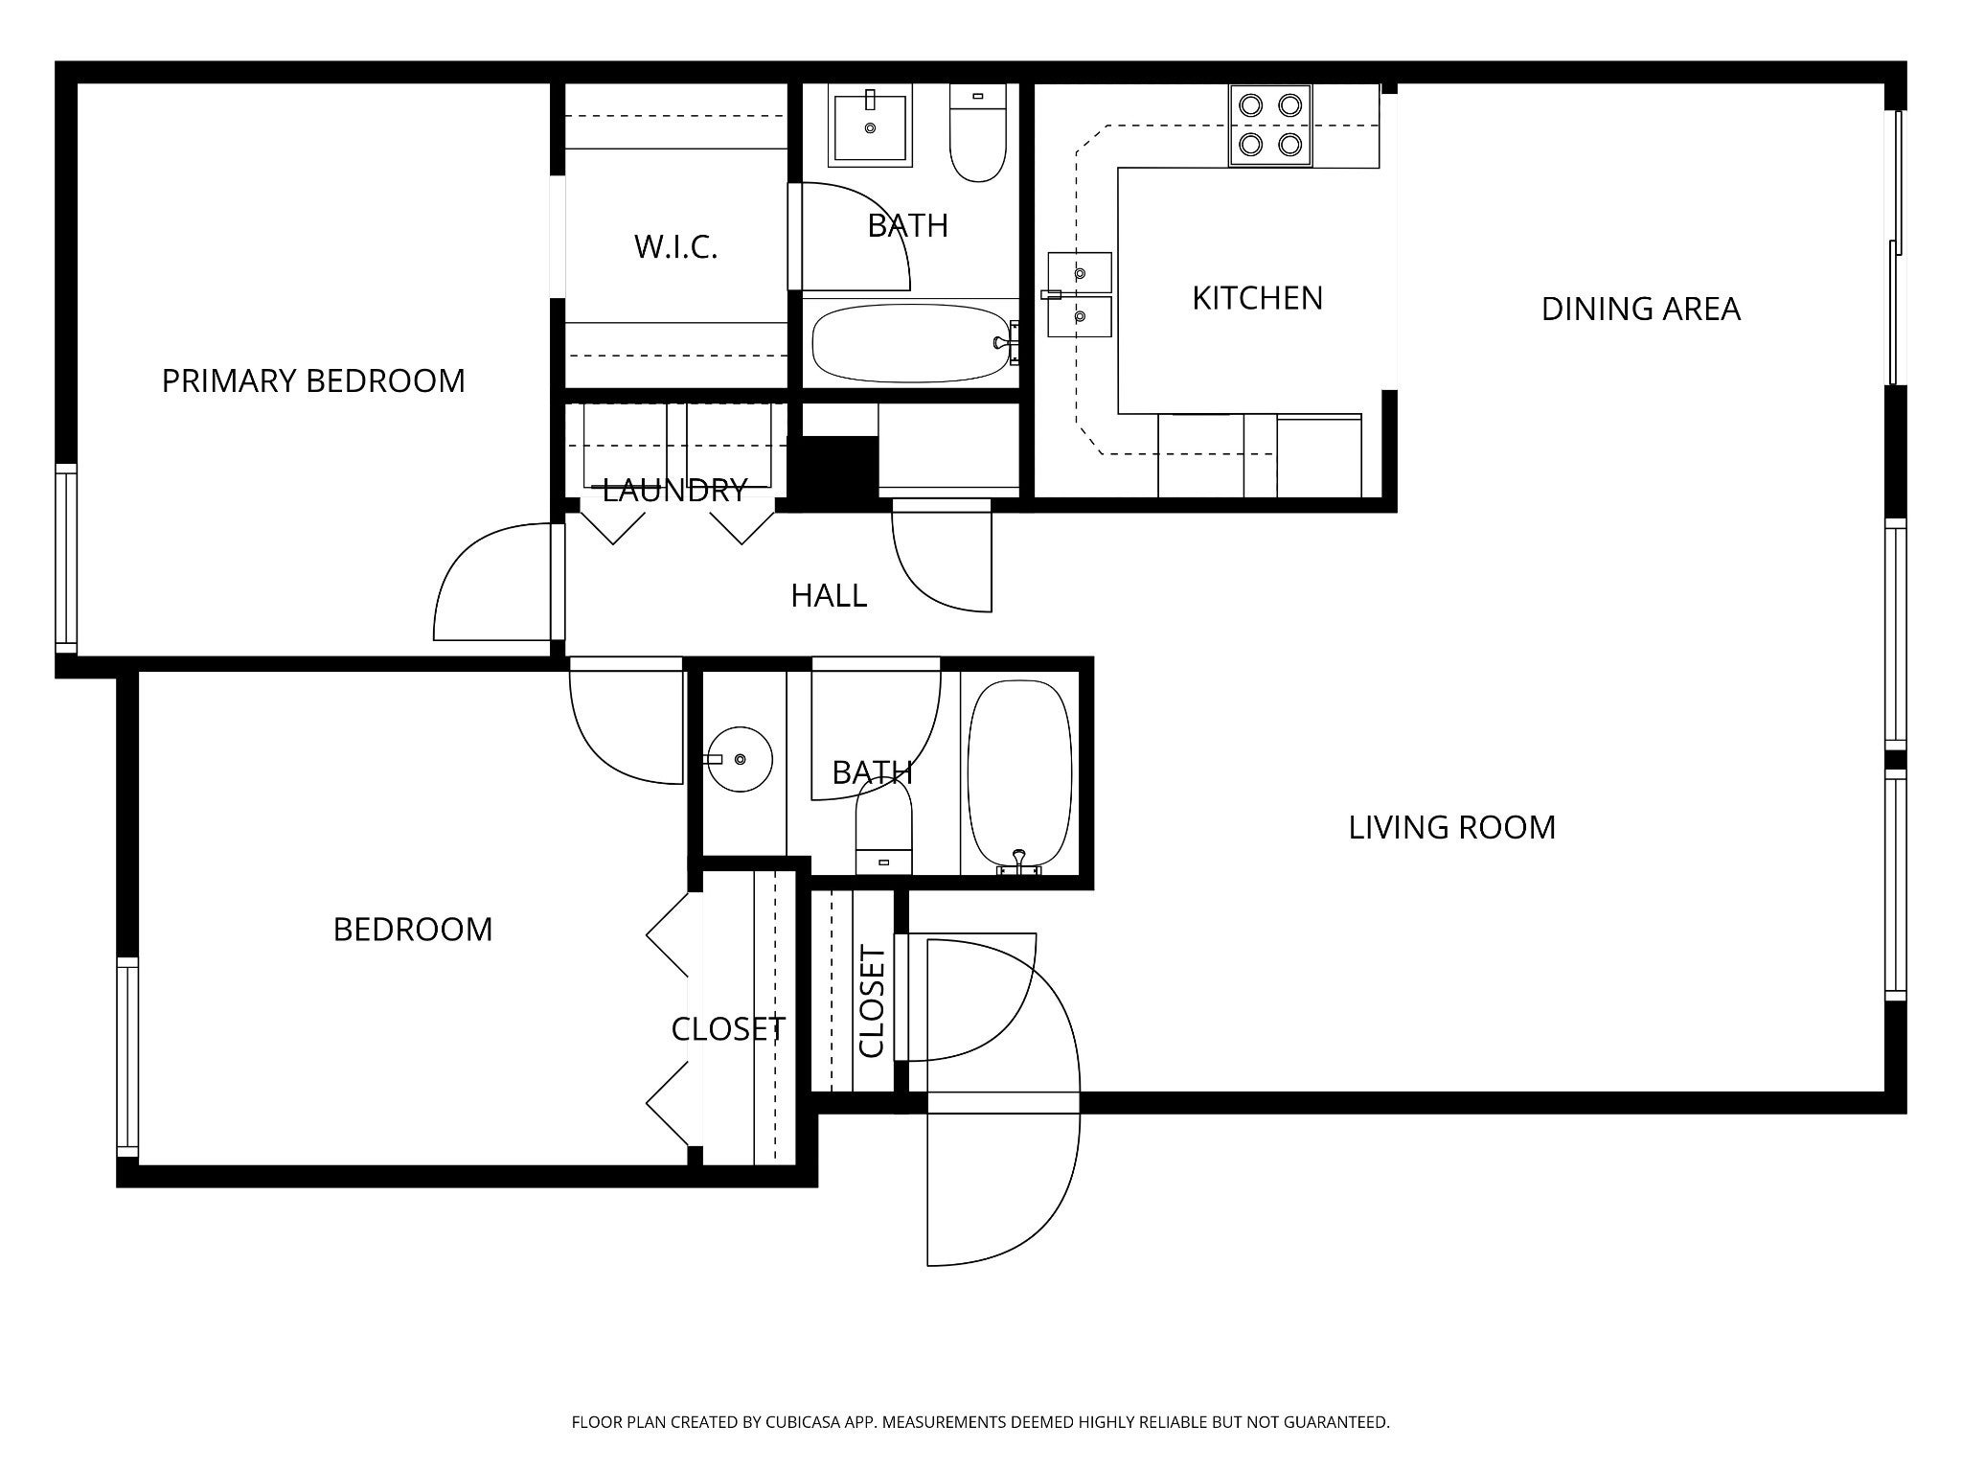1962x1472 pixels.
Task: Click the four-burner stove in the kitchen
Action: coord(1270,126)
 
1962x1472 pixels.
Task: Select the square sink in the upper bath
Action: coord(871,126)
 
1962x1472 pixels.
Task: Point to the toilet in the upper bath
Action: coord(977,132)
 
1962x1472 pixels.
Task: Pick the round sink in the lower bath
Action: coord(738,759)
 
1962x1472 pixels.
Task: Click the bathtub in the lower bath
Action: coord(1019,777)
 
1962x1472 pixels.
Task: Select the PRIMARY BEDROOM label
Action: coord(313,381)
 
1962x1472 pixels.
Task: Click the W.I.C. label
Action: coord(675,247)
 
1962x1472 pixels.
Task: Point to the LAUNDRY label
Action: coord(674,491)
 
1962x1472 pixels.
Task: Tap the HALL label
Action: coord(829,596)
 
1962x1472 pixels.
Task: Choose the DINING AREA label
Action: coord(1640,309)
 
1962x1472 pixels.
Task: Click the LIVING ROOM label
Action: coord(1451,828)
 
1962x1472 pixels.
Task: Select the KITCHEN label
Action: coord(1257,298)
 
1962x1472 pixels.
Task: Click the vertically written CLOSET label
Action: coord(872,1001)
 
